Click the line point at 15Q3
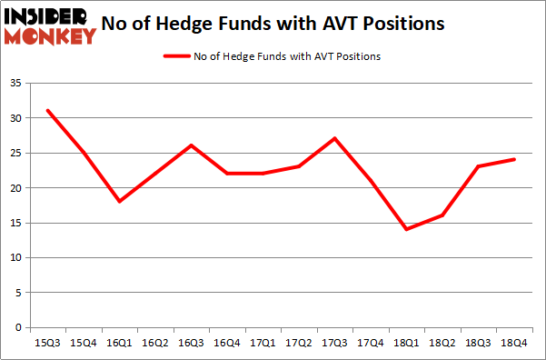[x=47, y=111]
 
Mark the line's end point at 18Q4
[x=512, y=160]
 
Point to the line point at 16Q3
[x=191, y=145]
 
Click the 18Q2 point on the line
[x=441, y=215]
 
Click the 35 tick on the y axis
[x=16, y=84]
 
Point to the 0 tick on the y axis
[x=19, y=327]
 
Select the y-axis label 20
[x=16, y=188]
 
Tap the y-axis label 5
[x=19, y=293]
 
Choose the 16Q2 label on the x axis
[x=154, y=343]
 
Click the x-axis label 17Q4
[x=370, y=343]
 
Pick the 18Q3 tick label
[x=477, y=343]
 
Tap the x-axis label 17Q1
[x=262, y=343]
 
